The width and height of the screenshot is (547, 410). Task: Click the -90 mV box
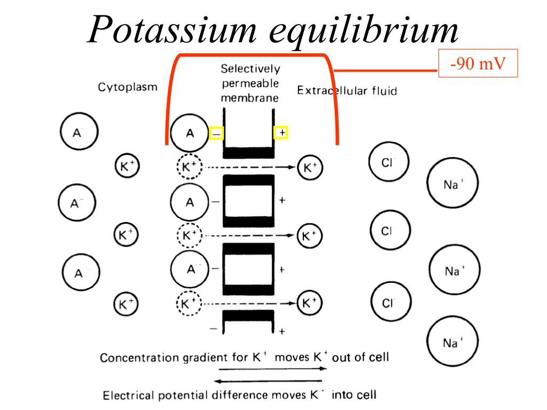(x=478, y=65)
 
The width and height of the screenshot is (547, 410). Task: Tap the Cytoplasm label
(x=127, y=87)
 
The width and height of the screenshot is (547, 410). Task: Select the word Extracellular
(x=331, y=91)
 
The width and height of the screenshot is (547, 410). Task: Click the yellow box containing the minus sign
(x=216, y=132)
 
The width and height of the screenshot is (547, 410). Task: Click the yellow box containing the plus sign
(x=281, y=132)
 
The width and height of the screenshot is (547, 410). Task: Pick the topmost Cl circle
(x=389, y=161)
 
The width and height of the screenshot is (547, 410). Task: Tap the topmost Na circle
(x=452, y=184)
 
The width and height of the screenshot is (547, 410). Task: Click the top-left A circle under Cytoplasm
(x=78, y=133)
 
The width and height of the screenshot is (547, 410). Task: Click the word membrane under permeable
(x=250, y=98)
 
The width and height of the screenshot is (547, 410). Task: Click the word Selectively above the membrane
(x=250, y=69)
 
